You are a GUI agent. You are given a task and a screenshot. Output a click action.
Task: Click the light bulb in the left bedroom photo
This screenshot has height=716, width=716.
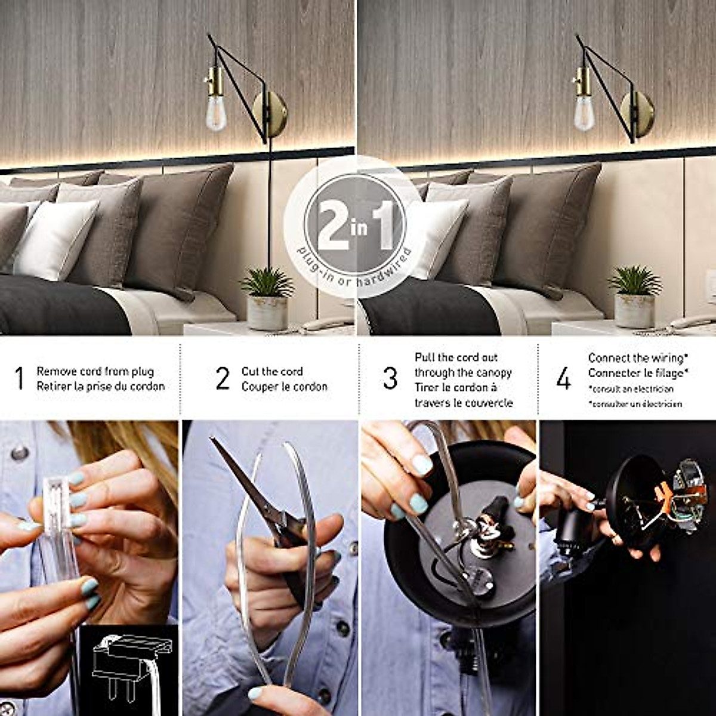216,114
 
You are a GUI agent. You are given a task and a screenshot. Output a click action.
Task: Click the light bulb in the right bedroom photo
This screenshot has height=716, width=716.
584,114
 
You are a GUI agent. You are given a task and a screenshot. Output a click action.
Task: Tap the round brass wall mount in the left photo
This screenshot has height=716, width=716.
270,113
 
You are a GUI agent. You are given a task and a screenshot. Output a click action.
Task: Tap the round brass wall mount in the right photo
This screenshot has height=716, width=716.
638,113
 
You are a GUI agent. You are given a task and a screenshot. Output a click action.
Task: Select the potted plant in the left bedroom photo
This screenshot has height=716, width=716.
267,298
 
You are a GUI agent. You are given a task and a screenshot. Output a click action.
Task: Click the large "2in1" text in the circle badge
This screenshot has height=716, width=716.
356,226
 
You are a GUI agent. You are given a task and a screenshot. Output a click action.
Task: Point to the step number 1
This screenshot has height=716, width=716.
19,378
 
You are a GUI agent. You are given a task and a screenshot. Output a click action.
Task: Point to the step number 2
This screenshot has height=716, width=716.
223,378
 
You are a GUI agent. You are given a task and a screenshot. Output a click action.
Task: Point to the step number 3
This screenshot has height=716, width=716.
390,378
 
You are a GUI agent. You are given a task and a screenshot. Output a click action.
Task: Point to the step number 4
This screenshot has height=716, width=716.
563,378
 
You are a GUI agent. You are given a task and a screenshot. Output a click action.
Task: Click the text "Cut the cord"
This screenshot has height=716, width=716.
272,371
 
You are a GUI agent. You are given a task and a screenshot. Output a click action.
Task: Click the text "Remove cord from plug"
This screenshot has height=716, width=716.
95,371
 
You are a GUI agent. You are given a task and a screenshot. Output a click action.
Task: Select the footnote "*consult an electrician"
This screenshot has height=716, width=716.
631,389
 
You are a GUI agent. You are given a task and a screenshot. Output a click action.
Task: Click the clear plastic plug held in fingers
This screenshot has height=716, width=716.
60,525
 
